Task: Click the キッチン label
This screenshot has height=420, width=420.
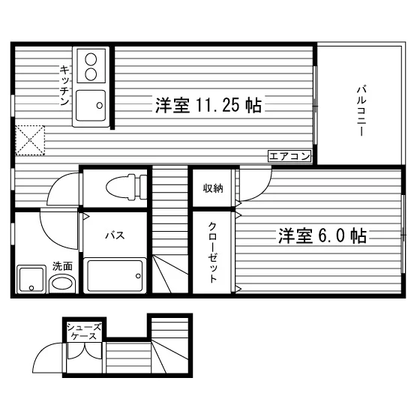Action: pos(64,85)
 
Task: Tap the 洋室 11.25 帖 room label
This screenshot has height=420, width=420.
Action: pos(208,105)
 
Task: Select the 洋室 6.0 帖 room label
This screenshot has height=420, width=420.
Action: pos(322,236)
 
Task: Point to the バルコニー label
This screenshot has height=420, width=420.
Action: pos(361,111)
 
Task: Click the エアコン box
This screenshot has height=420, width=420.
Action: pos(289,156)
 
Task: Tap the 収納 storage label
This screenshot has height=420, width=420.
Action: pos(213,188)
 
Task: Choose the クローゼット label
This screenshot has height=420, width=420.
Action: pos(212,253)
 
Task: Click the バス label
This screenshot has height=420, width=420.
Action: pos(115,235)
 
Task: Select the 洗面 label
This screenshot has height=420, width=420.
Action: pos(62,266)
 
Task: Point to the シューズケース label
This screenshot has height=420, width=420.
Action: pos(84,331)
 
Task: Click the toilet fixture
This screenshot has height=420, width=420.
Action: pos(126,187)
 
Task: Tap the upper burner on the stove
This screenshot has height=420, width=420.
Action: pos(91,59)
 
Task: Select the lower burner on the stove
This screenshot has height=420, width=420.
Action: pos(91,74)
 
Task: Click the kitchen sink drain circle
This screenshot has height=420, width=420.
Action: pos(100,105)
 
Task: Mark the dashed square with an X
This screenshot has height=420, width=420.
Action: pos(30,140)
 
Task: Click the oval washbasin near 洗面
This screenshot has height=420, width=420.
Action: pos(62,283)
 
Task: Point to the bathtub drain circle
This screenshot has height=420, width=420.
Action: pos(138,276)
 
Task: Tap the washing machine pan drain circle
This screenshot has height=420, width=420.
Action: pos(31,288)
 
